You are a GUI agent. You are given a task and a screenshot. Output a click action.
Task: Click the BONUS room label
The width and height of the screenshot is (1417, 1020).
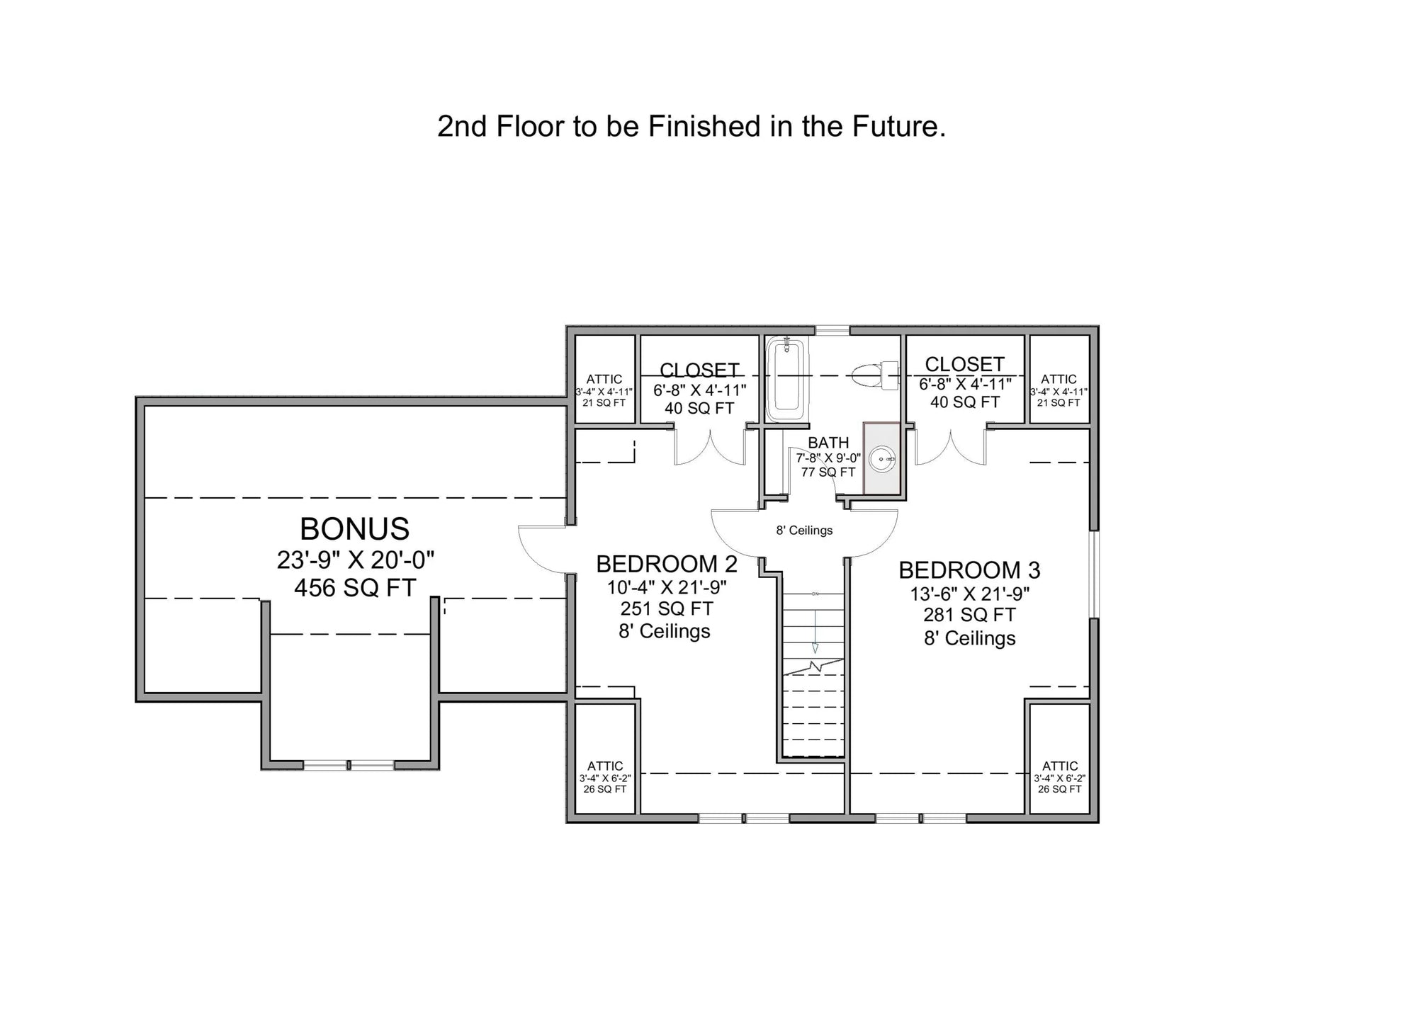click(x=354, y=528)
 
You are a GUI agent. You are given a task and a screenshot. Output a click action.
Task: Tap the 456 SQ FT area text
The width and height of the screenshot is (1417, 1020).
click(x=354, y=588)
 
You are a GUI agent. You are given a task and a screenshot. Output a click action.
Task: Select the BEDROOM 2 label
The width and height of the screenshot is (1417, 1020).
click(x=666, y=564)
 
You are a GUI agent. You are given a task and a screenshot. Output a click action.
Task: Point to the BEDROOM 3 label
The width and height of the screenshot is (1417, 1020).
click(x=969, y=570)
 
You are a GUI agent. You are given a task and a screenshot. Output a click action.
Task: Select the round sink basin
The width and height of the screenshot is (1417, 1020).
click(x=882, y=459)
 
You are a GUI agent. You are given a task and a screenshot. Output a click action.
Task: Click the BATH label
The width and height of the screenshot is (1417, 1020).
click(x=828, y=443)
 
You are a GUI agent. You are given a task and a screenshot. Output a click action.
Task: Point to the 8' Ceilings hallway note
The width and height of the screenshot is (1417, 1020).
click(x=804, y=531)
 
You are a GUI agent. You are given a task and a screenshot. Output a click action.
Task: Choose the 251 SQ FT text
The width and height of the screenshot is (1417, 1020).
click(x=666, y=608)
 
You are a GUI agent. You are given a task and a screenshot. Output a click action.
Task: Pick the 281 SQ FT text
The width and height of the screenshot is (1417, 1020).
click(x=969, y=615)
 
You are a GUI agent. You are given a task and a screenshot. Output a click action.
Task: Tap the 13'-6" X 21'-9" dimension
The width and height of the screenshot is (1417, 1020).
click(x=969, y=593)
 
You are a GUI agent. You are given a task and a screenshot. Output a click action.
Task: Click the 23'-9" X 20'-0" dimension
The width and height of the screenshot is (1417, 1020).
click(x=354, y=560)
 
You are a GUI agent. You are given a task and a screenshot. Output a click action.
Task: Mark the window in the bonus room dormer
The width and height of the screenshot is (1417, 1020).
click(x=349, y=765)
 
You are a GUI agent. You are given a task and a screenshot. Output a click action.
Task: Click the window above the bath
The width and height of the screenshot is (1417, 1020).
click(x=832, y=330)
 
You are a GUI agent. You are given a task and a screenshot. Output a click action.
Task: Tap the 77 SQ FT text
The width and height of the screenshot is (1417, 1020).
click(x=828, y=472)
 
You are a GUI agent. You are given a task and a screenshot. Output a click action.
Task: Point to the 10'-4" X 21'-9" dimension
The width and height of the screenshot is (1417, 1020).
click(x=666, y=587)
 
